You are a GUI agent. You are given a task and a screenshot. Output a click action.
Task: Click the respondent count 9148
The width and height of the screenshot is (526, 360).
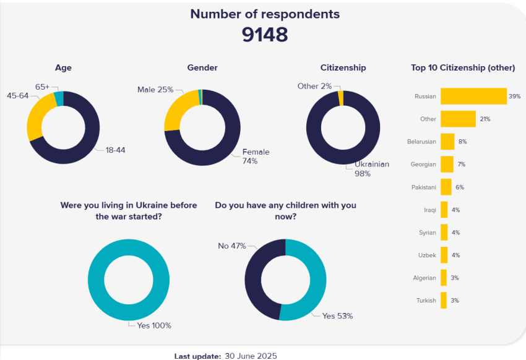click(x=265, y=35)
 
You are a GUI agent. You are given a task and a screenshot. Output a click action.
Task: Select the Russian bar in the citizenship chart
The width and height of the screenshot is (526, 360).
click(x=473, y=96)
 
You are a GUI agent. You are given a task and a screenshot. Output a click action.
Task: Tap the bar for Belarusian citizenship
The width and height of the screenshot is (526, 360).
click(x=447, y=142)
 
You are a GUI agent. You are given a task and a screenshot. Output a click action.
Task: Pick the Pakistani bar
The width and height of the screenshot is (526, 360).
click(x=446, y=187)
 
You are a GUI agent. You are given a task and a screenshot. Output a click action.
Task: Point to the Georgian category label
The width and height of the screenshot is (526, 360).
click(x=423, y=165)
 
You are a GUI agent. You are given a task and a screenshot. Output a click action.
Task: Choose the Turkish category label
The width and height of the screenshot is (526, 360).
click(x=426, y=301)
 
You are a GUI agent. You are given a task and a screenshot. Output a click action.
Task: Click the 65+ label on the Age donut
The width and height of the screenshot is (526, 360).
click(x=42, y=87)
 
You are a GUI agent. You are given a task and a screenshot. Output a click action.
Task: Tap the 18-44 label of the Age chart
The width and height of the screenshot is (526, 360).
click(x=115, y=150)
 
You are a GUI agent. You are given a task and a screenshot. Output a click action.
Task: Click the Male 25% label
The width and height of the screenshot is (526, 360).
click(x=155, y=90)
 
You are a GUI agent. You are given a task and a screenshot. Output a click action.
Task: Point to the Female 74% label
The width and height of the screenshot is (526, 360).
click(x=256, y=156)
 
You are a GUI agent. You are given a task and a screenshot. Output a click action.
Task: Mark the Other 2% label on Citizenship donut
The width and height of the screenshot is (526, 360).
click(x=314, y=86)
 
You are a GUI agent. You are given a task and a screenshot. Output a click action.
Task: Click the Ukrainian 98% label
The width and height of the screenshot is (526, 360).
click(x=371, y=169)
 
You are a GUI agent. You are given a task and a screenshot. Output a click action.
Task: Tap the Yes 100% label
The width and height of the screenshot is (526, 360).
click(x=153, y=325)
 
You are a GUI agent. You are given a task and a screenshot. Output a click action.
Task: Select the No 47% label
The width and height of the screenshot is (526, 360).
click(x=231, y=246)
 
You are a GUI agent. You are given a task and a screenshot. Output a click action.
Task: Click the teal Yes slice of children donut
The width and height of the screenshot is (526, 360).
click(x=313, y=278)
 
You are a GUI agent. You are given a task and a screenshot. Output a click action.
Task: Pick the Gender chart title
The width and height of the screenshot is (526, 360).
click(x=202, y=67)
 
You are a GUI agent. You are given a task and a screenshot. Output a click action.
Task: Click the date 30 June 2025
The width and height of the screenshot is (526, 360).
click(x=250, y=356)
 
